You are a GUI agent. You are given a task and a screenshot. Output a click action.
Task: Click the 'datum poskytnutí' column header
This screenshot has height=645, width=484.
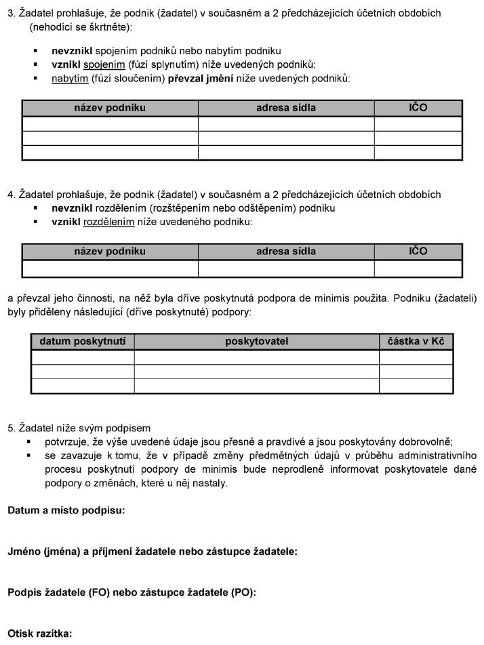click(83, 341)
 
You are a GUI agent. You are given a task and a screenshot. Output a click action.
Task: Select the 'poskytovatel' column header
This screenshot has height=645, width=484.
click(256, 341)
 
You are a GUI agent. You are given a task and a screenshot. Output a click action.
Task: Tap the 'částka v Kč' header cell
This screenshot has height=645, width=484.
click(416, 341)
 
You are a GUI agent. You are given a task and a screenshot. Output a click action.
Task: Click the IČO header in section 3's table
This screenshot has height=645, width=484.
click(418, 108)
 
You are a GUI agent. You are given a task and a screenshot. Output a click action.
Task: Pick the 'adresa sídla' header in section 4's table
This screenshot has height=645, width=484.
click(286, 251)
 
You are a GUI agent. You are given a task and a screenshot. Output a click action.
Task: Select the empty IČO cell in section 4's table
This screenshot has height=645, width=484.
click(418, 269)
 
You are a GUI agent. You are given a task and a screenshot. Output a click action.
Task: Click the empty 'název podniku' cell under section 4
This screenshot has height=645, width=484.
click(110, 269)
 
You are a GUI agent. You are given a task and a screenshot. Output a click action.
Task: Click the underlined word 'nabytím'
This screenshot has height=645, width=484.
click(68, 79)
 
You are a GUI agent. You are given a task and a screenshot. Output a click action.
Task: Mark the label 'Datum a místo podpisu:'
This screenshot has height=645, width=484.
click(66, 511)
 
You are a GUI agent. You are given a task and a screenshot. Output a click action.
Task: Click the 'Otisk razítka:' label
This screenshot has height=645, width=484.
click(40, 634)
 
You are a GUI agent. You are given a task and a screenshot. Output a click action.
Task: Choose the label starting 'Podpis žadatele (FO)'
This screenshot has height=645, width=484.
click(132, 592)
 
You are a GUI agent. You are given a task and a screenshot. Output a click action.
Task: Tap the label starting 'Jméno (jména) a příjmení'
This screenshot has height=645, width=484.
click(153, 551)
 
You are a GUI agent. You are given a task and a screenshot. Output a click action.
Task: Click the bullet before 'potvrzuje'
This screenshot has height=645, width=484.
click(29, 442)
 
